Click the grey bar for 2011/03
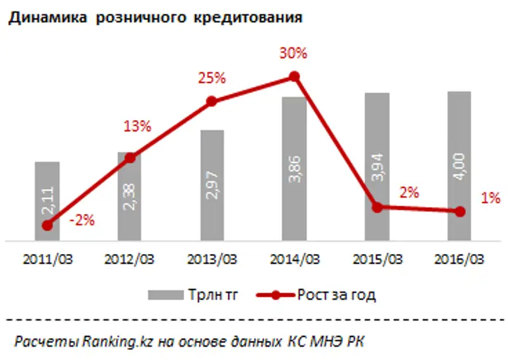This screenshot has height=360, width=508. point(47,190)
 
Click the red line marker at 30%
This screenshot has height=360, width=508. point(294,76)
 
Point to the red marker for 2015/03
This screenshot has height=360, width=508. point(377,207)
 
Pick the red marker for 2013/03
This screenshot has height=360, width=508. point(212,102)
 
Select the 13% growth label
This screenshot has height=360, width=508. point(137,126)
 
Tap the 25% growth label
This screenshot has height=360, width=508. point(212,79)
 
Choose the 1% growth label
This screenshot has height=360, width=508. point(490,198)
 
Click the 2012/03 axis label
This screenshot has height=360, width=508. point(129,260)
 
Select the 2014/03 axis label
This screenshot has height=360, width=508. point(294,260)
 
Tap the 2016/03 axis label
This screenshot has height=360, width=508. point(459,260)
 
